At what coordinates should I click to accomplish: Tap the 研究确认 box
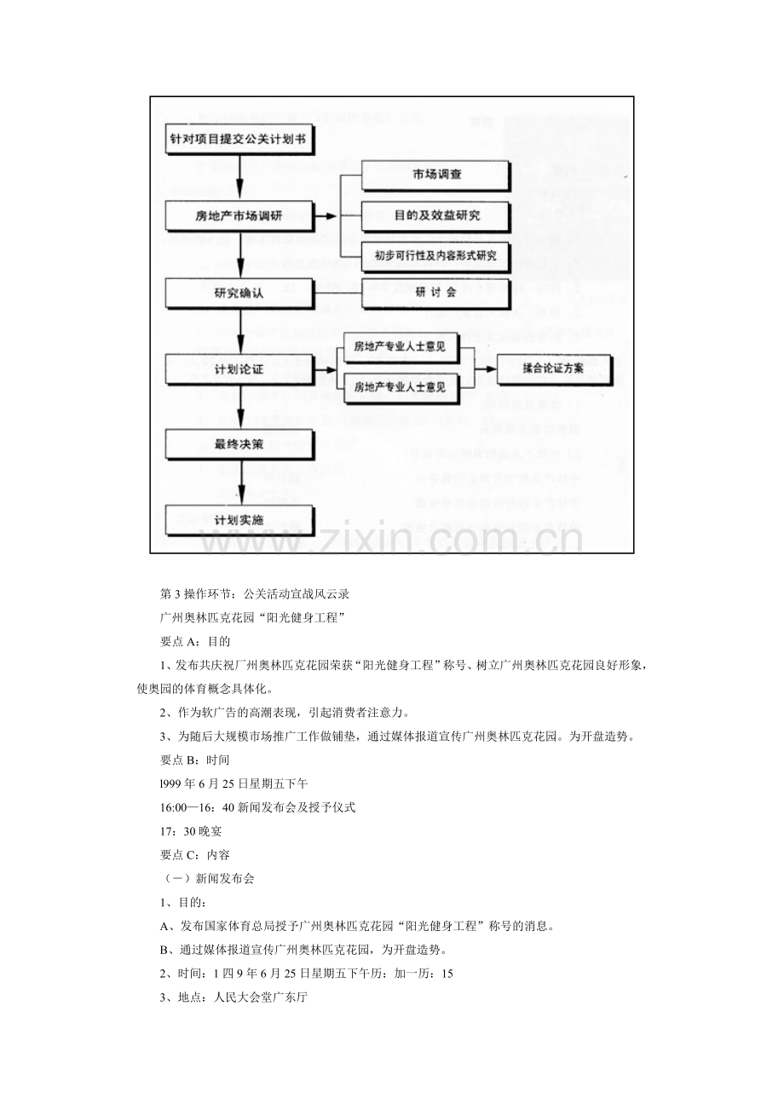239,292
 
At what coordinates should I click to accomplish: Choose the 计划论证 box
239,369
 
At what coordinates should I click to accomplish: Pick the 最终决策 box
239,444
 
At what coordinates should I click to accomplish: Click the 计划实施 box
239,520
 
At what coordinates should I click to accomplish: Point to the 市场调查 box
436,176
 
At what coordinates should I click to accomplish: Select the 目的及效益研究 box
436,215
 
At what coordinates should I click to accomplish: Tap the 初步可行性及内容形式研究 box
436,254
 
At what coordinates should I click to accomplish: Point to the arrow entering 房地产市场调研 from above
242,189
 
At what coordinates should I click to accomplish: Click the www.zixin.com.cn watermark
392,540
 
